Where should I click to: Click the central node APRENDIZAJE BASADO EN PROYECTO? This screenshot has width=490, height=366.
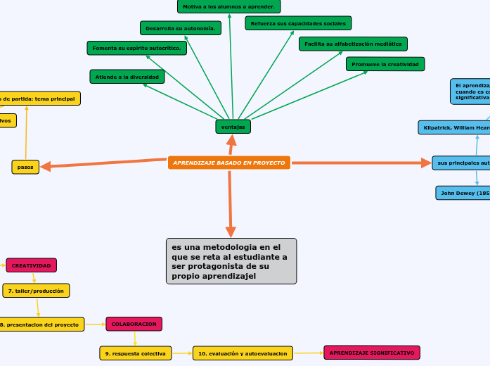[229, 163]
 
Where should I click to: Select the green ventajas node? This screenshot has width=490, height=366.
[233, 127]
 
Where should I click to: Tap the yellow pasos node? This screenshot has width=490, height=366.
[25, 167]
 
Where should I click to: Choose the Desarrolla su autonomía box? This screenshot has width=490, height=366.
[181, 28]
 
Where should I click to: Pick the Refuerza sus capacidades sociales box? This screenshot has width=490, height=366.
[298, 23]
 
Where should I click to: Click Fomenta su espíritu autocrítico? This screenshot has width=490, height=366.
[137, 48]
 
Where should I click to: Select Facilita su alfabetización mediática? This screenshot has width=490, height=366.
[353, 44]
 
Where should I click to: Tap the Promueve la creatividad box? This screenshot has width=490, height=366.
[385, 64]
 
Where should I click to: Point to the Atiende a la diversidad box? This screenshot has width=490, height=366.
[127, 76]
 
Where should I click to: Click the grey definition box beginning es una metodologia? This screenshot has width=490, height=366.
[231, 261]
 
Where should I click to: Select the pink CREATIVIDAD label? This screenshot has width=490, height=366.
[32, 265]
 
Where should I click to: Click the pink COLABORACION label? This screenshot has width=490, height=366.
[134, 324]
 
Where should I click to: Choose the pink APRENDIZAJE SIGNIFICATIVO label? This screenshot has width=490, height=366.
[372, 352]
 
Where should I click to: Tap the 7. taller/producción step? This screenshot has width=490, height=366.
[36, 290]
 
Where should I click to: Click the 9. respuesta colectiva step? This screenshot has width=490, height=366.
[136, 353]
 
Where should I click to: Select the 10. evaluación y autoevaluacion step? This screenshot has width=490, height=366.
[243, 353]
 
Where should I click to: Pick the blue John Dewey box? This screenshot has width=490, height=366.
[463, 193]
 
